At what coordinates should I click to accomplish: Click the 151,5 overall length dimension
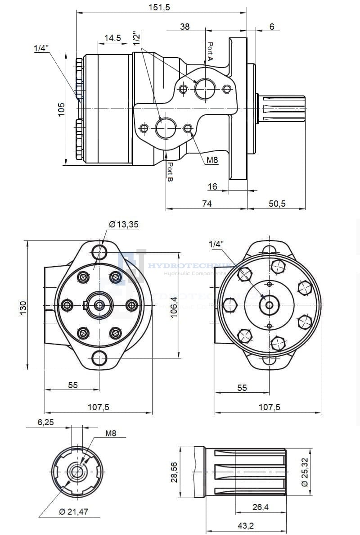pos(161,7)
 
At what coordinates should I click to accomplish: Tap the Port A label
pos(210,51)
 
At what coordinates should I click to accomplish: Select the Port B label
pos(170,172)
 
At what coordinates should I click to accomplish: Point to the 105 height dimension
pos(62,109)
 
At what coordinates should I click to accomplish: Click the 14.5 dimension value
pos(112,38)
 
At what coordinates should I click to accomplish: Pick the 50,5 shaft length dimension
pos(277,204)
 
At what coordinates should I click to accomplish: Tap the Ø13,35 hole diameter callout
pos(124,225)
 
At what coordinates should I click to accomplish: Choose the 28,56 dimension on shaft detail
pos(174,471)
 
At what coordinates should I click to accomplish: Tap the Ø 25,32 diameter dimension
pos(305,471)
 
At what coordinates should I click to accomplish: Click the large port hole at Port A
pos(206,89)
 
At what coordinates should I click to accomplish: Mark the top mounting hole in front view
pos(99,250)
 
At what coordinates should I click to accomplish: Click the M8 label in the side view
pos(212,159)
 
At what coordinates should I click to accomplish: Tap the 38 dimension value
pos(185,27)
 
